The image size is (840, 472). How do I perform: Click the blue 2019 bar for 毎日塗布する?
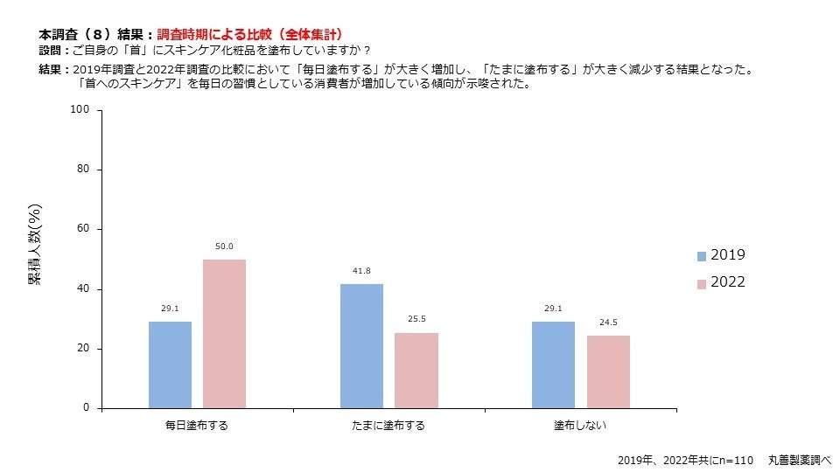[170, 364]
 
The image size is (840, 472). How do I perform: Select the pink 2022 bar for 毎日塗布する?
[224, 333]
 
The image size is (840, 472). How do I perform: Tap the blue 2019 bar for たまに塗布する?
[361, 345]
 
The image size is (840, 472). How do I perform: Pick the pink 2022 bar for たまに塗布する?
[416, 370]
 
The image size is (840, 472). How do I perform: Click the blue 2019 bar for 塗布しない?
[553, 364]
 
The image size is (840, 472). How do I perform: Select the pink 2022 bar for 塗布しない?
[608, 371]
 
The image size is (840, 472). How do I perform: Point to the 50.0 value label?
[224, 246]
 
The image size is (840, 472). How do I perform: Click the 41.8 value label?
[361, 271]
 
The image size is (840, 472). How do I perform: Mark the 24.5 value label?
[608, 323]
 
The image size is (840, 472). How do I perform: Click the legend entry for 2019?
[720, 255]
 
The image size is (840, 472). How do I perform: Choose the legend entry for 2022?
[720, 282]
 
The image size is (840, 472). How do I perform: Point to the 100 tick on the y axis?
[80, 109]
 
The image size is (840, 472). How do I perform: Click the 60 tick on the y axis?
[83, 229]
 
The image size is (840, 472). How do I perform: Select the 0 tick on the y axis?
[86, 408]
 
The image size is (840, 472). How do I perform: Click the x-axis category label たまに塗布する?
[388, 426]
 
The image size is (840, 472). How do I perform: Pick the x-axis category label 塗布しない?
[580, 426]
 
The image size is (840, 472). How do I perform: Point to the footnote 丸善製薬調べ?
[799, 459]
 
